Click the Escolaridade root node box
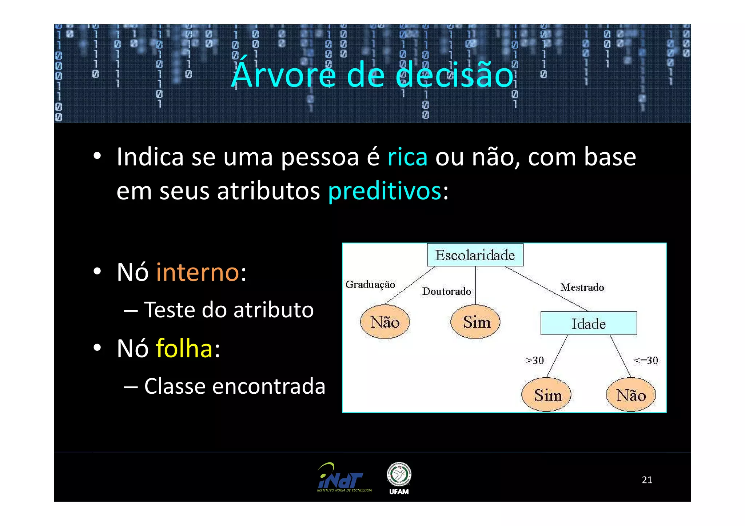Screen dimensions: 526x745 coord(475,255)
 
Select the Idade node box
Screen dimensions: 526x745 coord(588,323)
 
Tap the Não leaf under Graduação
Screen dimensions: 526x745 coord(385,322)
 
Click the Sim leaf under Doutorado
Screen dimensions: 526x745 coord(475,322)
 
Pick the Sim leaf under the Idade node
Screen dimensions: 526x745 coord(546,395)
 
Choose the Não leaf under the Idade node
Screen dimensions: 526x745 coord(630,395)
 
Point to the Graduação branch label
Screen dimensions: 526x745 coord(370,284)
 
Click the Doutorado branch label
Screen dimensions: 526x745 coord(446,291)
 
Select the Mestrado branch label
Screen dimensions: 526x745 coord(582,287)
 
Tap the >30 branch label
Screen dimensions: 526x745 coord(534,360)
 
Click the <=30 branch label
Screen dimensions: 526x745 coord(646,360)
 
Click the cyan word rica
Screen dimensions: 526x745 coord(407,157)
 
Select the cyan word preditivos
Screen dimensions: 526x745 coord(385,191)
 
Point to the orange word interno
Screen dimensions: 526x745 coord(198,272)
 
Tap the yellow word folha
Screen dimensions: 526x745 coord(184,348)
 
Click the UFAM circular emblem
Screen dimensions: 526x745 coord(399,474)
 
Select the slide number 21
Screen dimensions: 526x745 coord(647,480)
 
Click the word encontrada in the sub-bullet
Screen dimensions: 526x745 coord(268,386)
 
